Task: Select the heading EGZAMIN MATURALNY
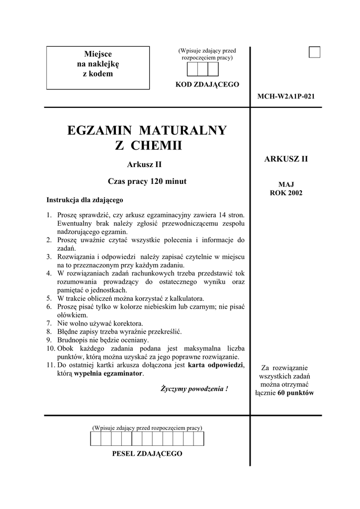pos(147,131)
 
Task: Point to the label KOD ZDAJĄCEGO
pos(207,85)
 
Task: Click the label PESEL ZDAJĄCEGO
pos(147,453)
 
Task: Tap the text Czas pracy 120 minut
pos(147,181)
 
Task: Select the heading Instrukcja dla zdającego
pos(85,200)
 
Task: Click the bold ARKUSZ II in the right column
pos(286,159)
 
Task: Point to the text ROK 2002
pos(286,193)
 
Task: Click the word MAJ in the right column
pos(286,184)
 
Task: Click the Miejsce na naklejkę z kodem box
pos(98,68)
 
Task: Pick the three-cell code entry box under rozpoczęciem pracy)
pos(202,69)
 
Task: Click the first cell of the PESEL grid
pos(95,439)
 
